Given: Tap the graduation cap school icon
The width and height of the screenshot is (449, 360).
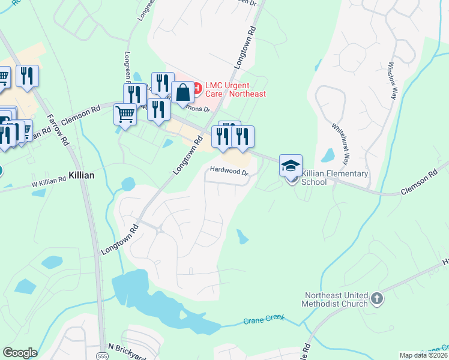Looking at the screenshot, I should pos(291,166).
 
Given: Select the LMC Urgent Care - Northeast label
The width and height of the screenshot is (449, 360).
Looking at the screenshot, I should pos(235,89).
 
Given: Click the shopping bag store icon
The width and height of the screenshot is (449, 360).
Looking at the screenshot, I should pos(183,93).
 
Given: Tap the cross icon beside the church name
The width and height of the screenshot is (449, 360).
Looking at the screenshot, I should pos(376,298).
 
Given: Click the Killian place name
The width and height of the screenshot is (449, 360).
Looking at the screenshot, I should pos(82,175).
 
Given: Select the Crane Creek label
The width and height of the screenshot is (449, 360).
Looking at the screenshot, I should pos(263,320).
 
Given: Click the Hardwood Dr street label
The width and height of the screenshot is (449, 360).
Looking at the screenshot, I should pos(228,171).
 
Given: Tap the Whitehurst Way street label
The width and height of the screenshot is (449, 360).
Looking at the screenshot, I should pos(340,144).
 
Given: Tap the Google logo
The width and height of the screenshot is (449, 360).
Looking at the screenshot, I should pos(20,353).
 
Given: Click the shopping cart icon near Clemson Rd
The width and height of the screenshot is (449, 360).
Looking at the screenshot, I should pos(125,113).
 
